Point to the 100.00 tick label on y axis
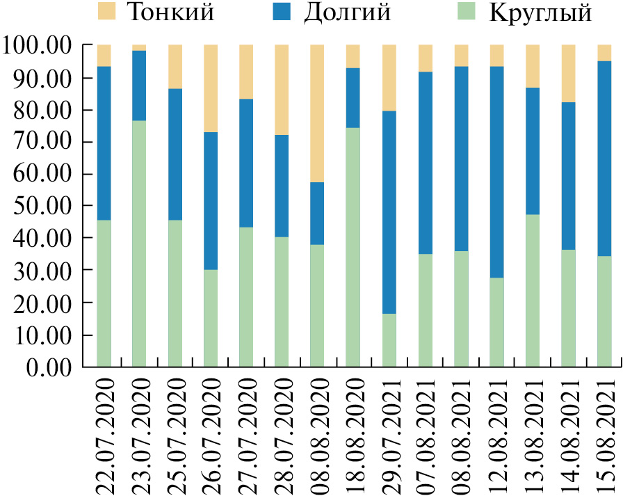coord(38,46)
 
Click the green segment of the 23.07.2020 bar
coord(140,243)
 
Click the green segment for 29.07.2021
coord(389,340)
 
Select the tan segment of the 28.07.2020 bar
coord(282,90)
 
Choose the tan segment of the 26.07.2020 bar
coord(211,88)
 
